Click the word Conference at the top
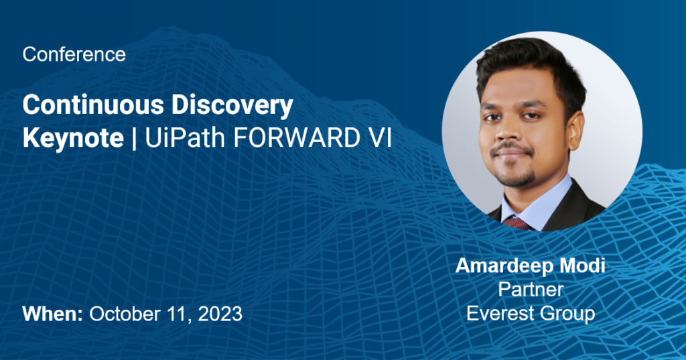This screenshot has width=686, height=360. point(74,55)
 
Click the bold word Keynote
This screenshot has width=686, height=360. point(73,138)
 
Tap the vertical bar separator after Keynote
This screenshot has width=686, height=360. point(134,139)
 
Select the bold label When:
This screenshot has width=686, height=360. point(52,314)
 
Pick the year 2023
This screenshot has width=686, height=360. point(220,314)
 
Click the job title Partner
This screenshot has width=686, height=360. point(531,290)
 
